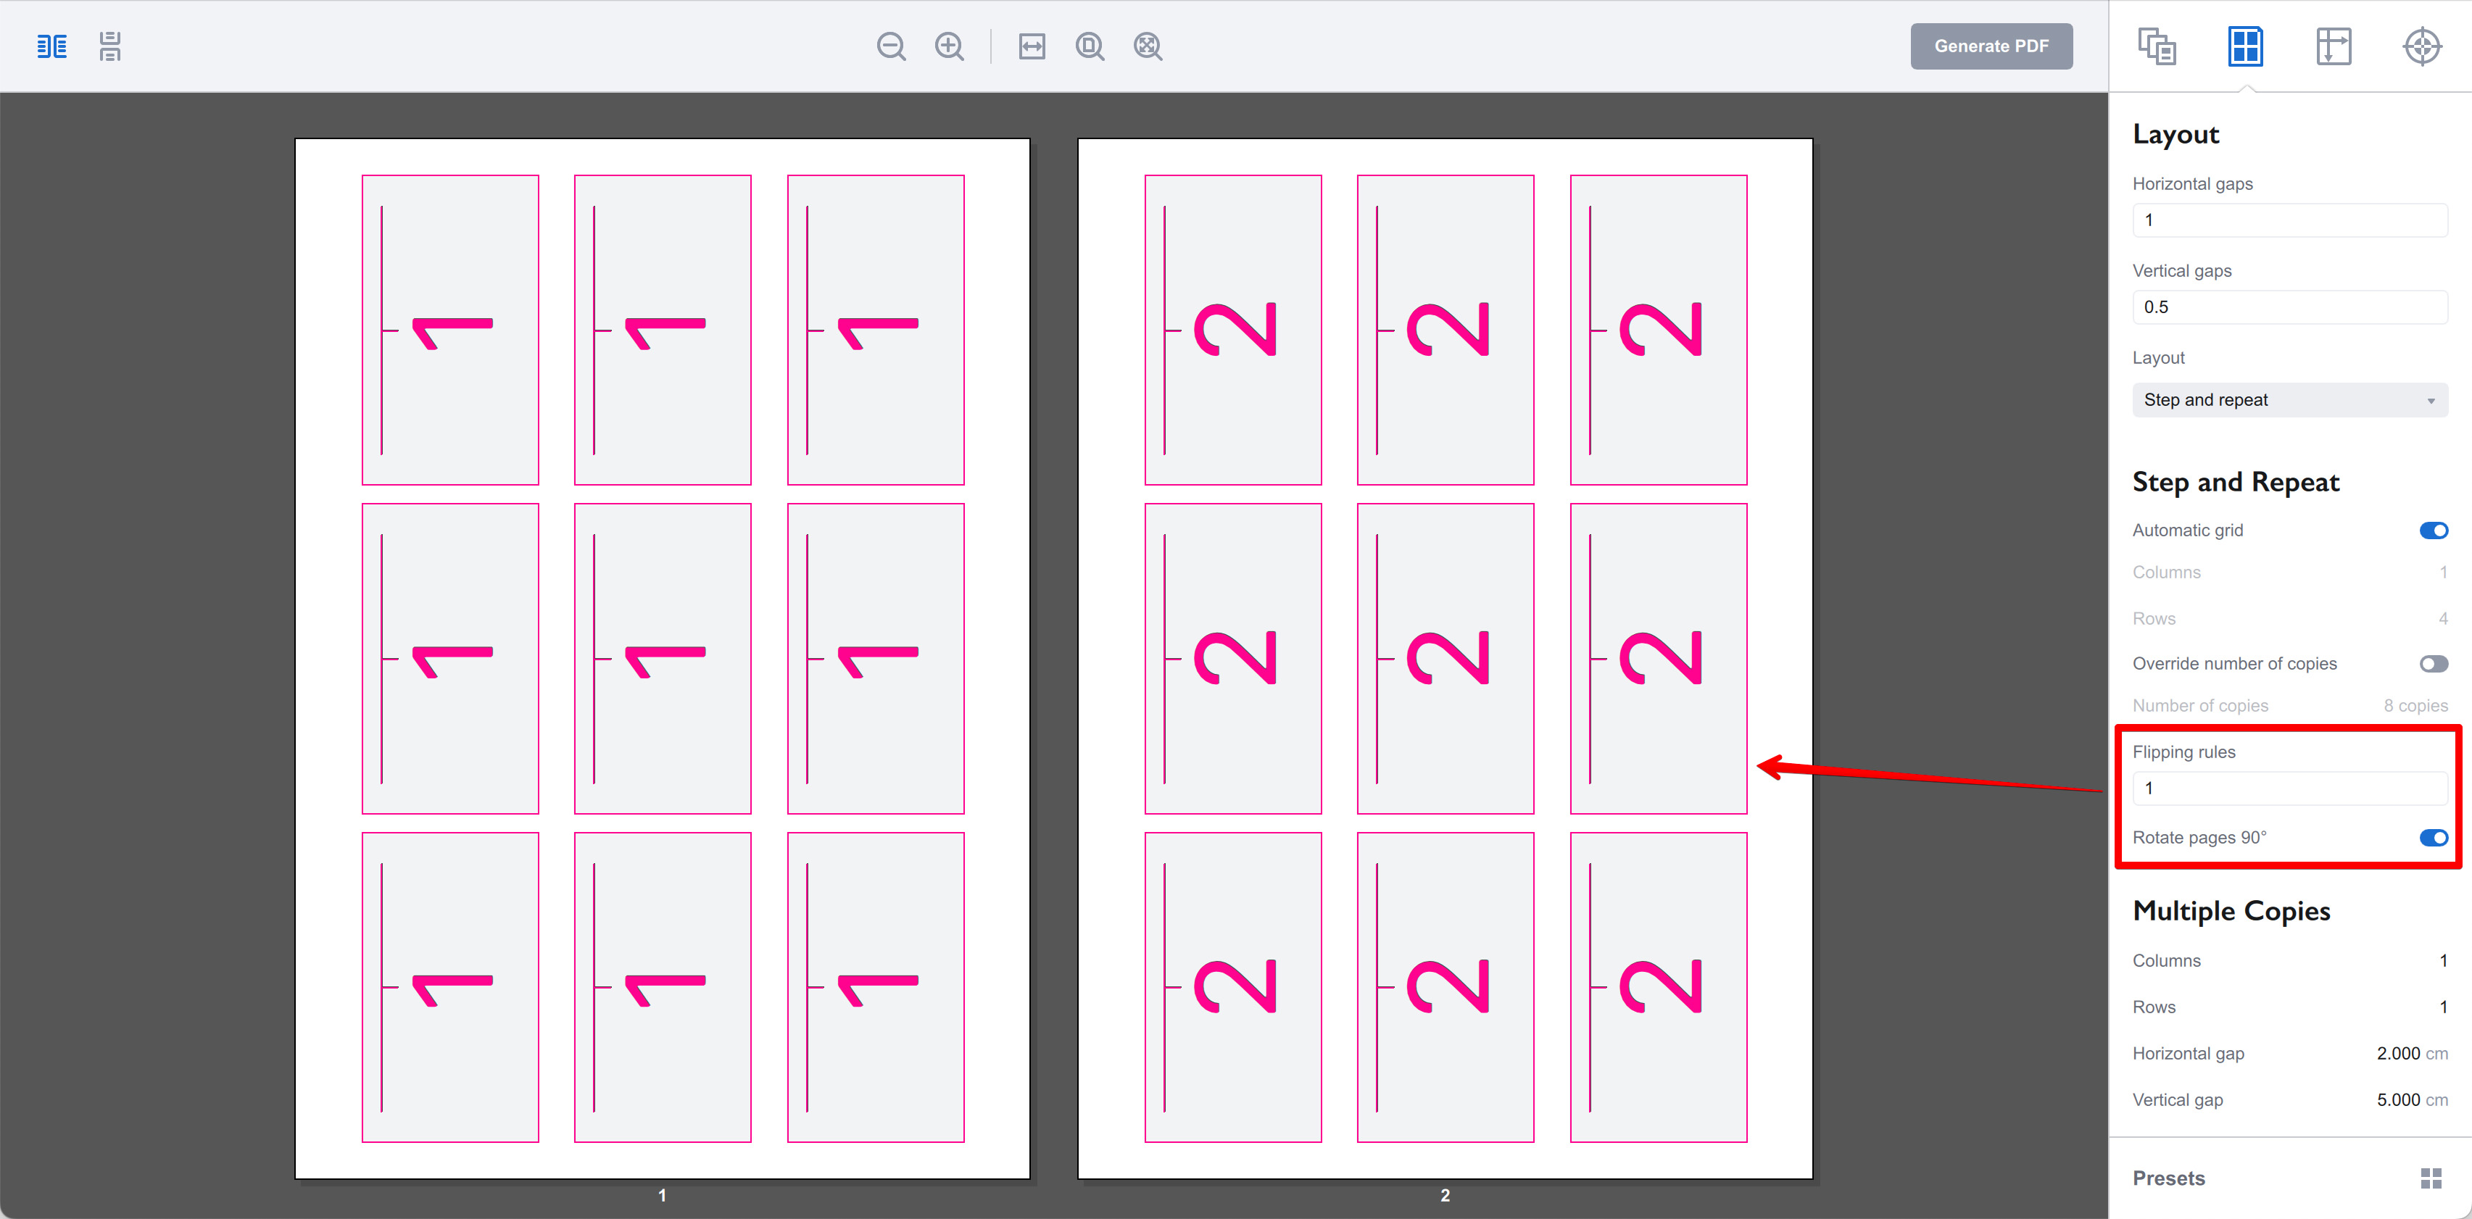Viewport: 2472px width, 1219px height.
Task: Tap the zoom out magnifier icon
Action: tap(890, 46)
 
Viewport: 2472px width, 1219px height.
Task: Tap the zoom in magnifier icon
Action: tap(949, 46)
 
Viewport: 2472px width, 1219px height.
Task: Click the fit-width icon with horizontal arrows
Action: tap(1032, 46)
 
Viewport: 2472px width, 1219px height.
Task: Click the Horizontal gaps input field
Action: tap(2289, 220)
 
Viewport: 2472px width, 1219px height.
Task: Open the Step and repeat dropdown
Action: tap(2289, 400)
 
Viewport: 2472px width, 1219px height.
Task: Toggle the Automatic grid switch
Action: tap(2433, 531)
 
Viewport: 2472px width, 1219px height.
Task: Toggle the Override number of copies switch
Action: tap(2433, 664)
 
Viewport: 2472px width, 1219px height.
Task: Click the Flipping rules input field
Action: tap(2289, 789)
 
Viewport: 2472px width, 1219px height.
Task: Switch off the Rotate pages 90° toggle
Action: tap(2433, 837)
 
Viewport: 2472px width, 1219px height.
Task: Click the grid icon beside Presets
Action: tap(2430, 1178)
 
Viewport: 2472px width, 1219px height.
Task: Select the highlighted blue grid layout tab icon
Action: tap(2244, 46)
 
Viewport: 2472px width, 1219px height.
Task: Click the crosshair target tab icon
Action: tap(2421, 46)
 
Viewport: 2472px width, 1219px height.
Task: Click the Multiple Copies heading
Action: tap(2231, 911)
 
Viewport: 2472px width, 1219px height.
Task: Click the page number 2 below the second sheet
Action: tap(1444, 1195)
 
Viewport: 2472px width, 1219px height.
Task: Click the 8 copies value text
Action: tap(2415, 706)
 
